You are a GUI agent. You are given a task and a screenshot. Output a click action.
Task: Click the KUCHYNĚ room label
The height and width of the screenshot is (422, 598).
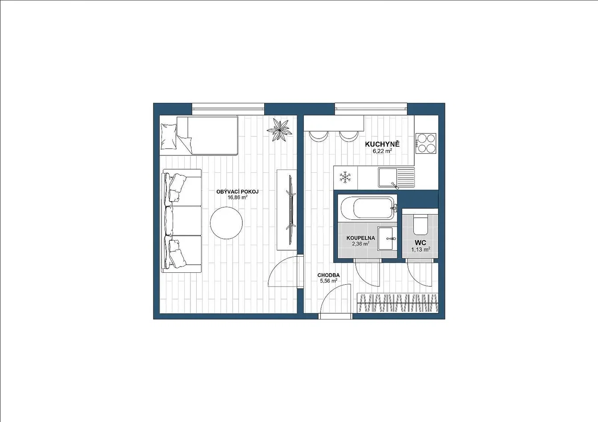point(382,144)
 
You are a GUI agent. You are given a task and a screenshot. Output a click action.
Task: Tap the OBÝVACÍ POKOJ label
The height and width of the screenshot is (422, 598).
point(237,191)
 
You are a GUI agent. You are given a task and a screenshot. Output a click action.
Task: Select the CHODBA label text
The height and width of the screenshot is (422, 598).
point(328,275)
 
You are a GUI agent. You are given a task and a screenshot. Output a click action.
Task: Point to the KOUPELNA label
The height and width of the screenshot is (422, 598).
point(361,238)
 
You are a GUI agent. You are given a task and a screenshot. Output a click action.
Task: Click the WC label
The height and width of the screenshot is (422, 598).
point(420,243)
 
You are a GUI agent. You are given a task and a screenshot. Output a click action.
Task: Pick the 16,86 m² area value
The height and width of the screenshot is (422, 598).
point(237,198)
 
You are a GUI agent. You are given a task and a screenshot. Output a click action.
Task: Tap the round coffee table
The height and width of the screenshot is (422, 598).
point(226,223)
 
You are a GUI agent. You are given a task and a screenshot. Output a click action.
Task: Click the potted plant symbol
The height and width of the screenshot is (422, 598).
point(279,130)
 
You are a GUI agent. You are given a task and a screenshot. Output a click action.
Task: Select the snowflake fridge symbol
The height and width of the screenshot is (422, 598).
point(345,178)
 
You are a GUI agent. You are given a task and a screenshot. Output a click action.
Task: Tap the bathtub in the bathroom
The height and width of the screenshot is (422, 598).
point(367,208)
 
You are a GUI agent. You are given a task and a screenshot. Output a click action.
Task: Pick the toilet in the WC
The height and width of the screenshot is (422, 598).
point(420,224)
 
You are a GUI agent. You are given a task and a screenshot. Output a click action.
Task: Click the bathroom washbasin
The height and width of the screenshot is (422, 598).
point(386,239)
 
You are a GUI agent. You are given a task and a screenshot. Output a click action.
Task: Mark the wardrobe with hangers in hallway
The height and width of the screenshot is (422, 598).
point(397,303)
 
